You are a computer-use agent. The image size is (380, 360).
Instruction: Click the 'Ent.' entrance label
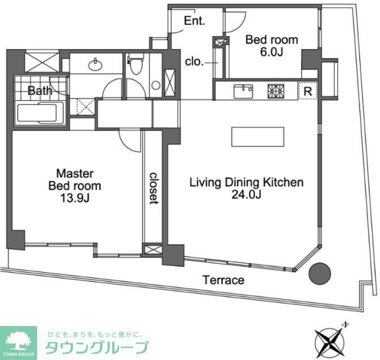(x=194, y=22)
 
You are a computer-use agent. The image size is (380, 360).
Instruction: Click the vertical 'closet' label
(x=153, y=188)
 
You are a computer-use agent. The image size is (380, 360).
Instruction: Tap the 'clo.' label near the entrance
(x=194, y=62)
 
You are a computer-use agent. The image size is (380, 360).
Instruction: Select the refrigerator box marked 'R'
(x=306, y=91)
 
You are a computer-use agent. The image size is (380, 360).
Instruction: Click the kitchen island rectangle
(x=257, y=137)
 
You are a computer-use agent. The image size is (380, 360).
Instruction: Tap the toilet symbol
(x=135, y=65)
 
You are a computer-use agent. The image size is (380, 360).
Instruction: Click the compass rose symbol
(x=330, y=341)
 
